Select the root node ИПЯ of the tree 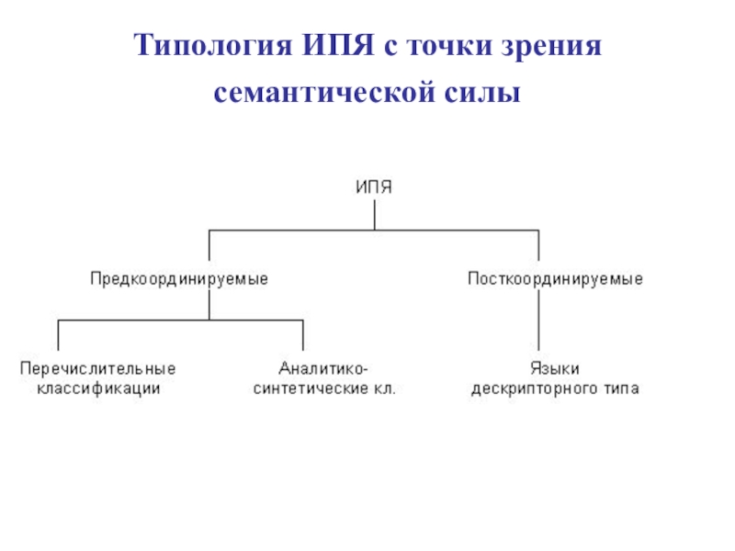pos(373,187)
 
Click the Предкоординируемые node pos(179,277)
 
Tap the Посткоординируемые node pos(555,277)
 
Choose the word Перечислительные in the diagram pos(98,369)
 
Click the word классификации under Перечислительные pos(98,388)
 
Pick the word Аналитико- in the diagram pos(324,369)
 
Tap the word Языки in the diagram pos(555,369)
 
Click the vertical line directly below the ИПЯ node pos(374,214)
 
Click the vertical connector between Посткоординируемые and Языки pos(539,321)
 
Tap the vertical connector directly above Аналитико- pos(303,334)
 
